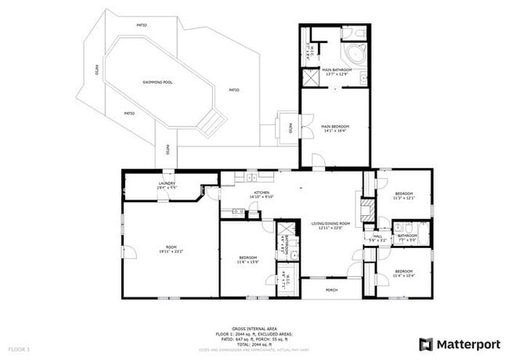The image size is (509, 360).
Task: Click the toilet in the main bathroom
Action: coord(356,33)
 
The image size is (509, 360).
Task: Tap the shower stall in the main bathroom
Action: coord(311,77)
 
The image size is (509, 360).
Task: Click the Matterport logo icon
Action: coord(426,344)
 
